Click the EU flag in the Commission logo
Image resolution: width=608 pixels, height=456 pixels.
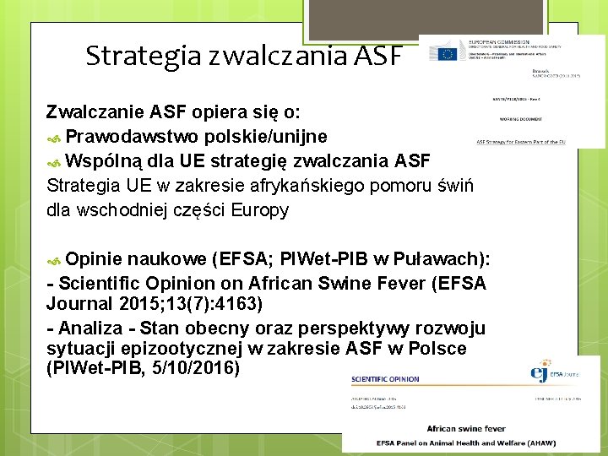click(x=444, y=53)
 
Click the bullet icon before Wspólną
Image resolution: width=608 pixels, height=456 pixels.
click(x=55, y=162)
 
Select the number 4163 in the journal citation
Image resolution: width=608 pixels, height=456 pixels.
click(x=244, y=304)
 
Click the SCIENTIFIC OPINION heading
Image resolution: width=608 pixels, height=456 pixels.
click(x=385, y=379)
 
